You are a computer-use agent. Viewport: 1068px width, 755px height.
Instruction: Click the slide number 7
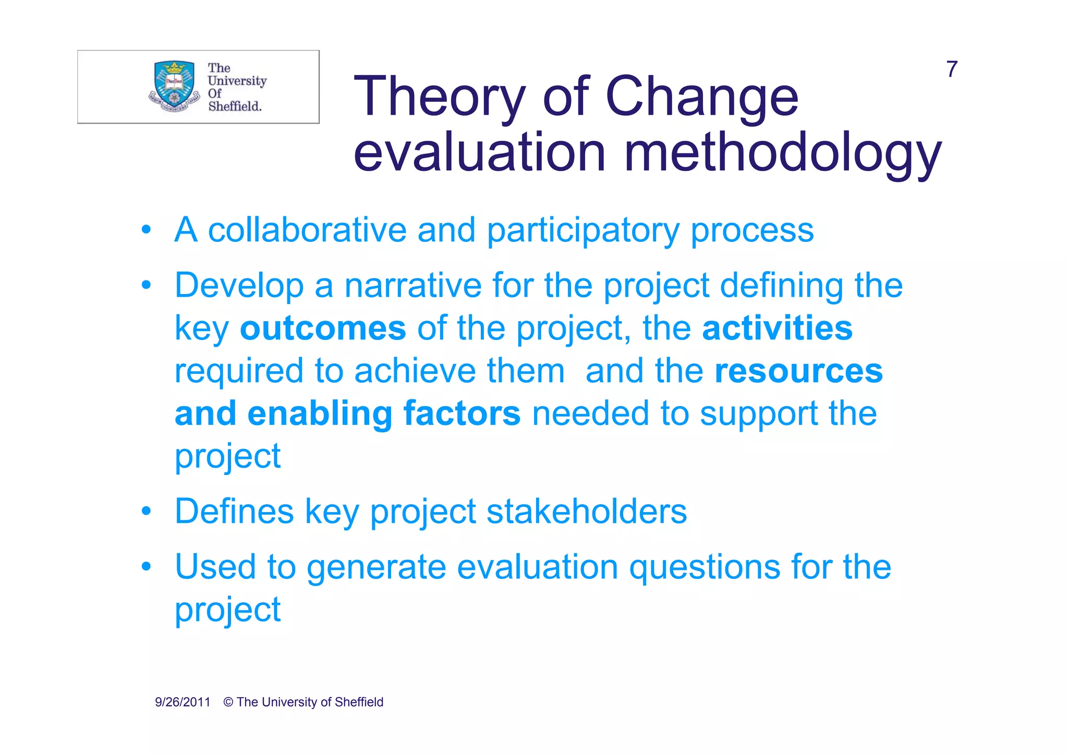pyautogui.click(x=952, y=69)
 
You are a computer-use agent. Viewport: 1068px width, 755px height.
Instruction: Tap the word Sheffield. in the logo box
pyautogui.click(x=235, y=106)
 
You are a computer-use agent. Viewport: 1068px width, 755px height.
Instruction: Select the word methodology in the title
pyautogui.click(x=782, y=153)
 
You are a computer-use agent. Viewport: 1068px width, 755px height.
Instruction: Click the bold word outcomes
pyautogui.click(x=323, y=328)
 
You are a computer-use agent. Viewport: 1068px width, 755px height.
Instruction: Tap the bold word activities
pyautogui.click(x=777, y=328)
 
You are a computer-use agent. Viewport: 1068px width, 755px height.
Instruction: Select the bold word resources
pyautogui.click(x=798, y=371)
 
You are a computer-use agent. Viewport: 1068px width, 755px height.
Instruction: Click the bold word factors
pyautogui.click(x=462, y=413)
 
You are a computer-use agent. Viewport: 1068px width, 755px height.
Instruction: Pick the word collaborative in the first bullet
pyautogui.click(x=307, y=230)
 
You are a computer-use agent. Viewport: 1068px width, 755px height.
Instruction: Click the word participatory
pyautogui.click(x=583, y=231)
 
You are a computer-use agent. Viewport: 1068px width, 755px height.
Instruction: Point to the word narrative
pyautogui.click(x=412, y=286)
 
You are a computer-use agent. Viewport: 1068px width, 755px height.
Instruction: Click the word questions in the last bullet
pyautogui.click(x=704, y=567)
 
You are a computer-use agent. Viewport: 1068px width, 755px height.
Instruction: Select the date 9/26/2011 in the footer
pyautogui.click(x=183, y=702)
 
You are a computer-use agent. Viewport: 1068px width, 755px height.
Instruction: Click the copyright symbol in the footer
pyautogui.click(x=228, y=702)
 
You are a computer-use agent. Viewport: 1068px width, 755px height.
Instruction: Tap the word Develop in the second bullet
pyautogui.click(x=239, y=286)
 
